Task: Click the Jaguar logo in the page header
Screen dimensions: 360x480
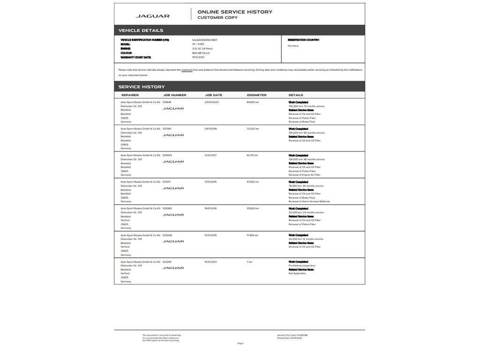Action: [152, 16]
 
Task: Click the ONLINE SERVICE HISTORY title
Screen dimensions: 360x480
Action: [234, 12]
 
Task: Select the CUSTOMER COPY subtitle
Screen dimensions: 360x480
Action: [217, 18]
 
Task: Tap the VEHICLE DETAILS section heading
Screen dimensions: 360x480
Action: [141, 30]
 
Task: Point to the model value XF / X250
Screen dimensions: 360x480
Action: [198, 44]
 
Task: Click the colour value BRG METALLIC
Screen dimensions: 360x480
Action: [201, 53]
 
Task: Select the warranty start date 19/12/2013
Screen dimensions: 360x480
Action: [198, 57]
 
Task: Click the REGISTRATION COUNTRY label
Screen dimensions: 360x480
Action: [303, 40]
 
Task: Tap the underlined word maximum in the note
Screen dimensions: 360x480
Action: [187, 70]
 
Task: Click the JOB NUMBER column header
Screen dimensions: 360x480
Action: [174, 95]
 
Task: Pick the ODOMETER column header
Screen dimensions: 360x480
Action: [256, 95]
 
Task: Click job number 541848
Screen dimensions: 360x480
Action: [167, 102]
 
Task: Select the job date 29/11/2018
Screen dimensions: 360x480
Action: [210, 128]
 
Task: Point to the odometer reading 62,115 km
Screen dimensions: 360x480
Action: [252, 155]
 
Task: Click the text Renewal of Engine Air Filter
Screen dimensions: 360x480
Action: [304, 175]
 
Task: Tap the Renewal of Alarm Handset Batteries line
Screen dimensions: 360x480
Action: [309, 202]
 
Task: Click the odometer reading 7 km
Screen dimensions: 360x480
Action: [249, 262]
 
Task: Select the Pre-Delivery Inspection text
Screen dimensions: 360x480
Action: [302, 266]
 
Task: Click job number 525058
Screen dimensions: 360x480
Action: [167, 235]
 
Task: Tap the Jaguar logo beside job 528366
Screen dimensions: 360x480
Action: [173, 215]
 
